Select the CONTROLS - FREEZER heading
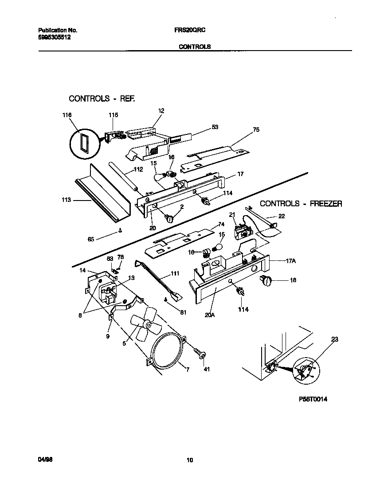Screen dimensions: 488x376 pos(301,204)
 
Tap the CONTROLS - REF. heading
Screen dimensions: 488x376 pos(102,98)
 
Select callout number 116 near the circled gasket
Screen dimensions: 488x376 pos(67,115)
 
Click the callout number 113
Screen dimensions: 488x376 pos(66,200)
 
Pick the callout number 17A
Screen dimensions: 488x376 pos(290,261)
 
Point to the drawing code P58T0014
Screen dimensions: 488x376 pos(313,399)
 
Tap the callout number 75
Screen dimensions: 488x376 pos(256,130)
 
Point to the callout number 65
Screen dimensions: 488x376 pos(90,239)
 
